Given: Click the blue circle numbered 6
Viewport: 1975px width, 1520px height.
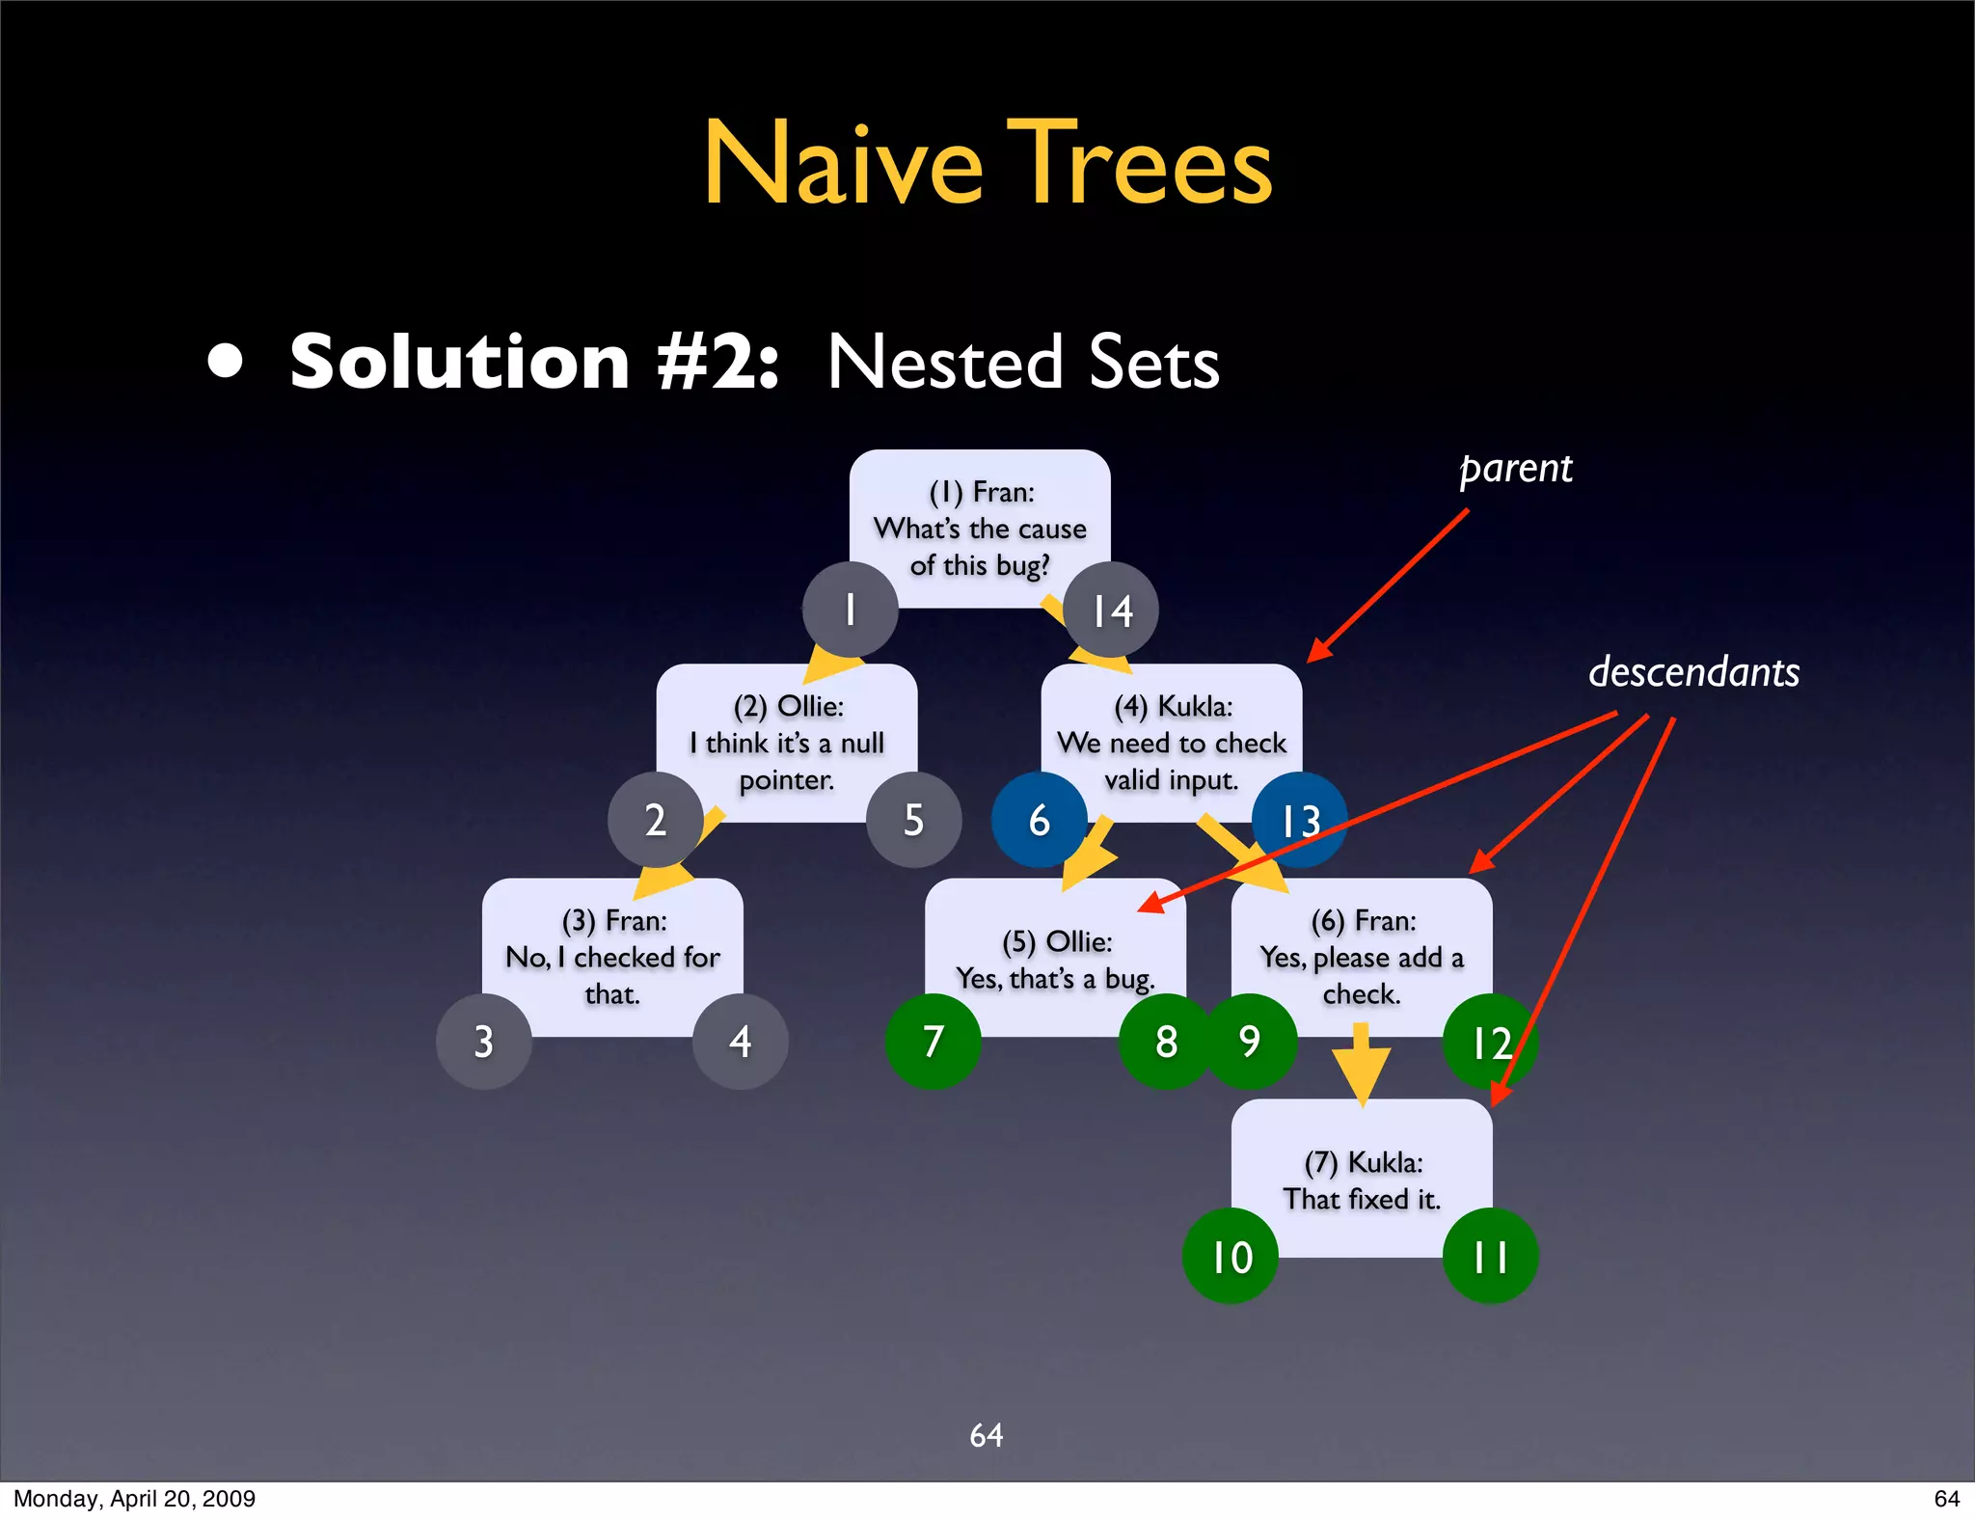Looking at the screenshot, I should point(1039,820).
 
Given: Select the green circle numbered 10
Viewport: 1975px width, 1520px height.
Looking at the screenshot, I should point(1231,1256).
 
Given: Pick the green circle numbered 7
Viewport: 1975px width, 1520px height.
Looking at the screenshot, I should point(933,1042).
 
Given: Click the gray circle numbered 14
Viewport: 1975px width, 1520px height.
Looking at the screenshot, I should point(1111,610).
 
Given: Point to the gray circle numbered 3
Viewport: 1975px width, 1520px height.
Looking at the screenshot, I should point(483,1042).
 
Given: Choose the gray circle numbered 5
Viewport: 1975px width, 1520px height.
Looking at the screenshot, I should point(913,820).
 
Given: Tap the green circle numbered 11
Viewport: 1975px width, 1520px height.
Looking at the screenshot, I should point(1490,1256).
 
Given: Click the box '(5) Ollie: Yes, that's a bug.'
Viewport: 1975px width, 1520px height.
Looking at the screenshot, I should point(1055,959).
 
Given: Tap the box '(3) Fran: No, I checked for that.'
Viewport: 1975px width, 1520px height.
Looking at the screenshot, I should point(612,957).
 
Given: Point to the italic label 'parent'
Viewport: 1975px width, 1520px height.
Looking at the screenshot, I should point(1516,470).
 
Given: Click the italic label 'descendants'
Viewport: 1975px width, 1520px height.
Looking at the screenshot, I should point(1693,672).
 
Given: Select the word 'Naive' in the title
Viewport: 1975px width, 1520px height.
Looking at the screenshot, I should point(843,164).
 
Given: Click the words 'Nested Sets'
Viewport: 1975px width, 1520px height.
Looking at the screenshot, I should point(1023,363).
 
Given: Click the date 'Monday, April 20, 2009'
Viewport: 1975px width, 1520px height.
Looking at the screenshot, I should point(134,1498).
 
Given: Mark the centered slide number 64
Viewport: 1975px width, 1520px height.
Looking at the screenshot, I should point(986,1435).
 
